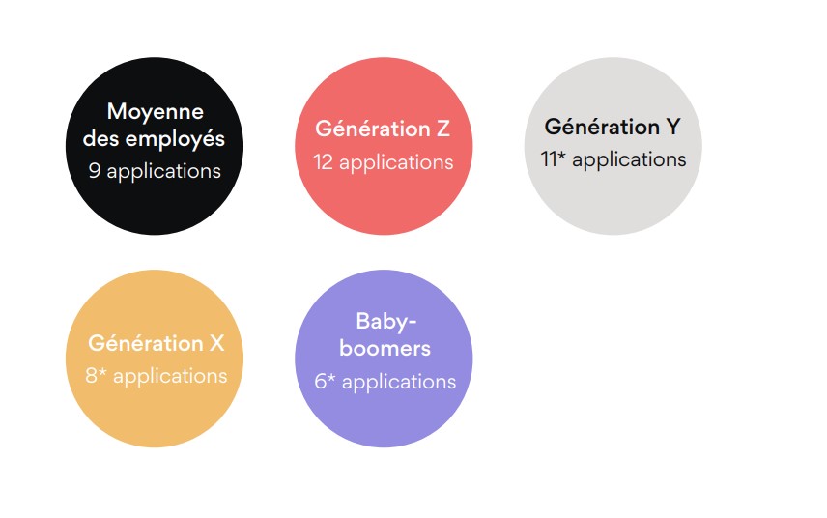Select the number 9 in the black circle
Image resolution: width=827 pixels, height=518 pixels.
pos(95,170)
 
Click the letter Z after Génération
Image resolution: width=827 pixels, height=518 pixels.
pos(442,129)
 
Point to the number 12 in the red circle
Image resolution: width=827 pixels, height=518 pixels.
pos(323,162)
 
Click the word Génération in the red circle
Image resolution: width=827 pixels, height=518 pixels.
pos(372,129)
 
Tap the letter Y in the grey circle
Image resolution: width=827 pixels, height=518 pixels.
pos(673,127)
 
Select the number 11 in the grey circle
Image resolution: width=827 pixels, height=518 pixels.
pos(549,159)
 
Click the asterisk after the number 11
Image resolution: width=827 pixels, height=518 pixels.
pos(561,156)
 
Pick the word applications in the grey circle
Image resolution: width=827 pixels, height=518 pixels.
pos(629,160)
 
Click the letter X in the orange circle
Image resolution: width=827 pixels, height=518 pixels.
pos(216,343)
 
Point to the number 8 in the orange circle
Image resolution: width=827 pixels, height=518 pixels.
pos(91,376)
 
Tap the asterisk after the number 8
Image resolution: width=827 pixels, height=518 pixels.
pos(102,372)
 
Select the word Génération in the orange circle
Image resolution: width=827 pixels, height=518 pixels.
pos(146,343)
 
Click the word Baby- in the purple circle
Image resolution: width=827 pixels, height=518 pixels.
pos(386,322)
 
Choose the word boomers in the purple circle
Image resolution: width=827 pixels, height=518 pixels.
pos(385,349)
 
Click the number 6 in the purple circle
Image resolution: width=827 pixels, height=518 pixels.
pos(320,382)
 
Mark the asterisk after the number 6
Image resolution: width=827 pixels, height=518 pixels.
pos(331,378)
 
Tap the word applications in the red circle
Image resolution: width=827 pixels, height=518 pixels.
pos(396,163)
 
